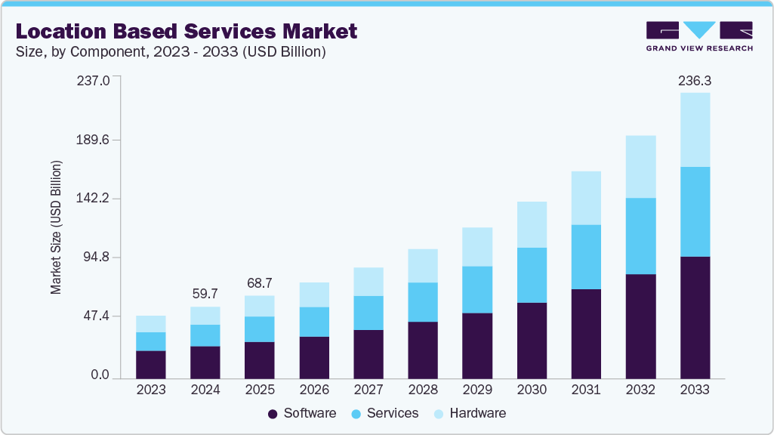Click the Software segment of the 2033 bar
(695, 317)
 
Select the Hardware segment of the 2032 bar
(640, 166)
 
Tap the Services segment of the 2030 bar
(532, 275)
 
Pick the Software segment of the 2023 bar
(151, 364)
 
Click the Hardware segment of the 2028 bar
(423, 266)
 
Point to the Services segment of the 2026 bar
(314, 322)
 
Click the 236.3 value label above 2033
(695, 80)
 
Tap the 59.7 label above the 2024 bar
(205, 294)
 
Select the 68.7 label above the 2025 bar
(259, 282)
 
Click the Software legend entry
(302, 414)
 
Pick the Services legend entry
(384, 414)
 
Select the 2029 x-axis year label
(477, 390)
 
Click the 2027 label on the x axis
(368, 390)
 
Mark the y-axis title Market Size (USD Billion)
(56, 227)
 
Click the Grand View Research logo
(699, 35)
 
